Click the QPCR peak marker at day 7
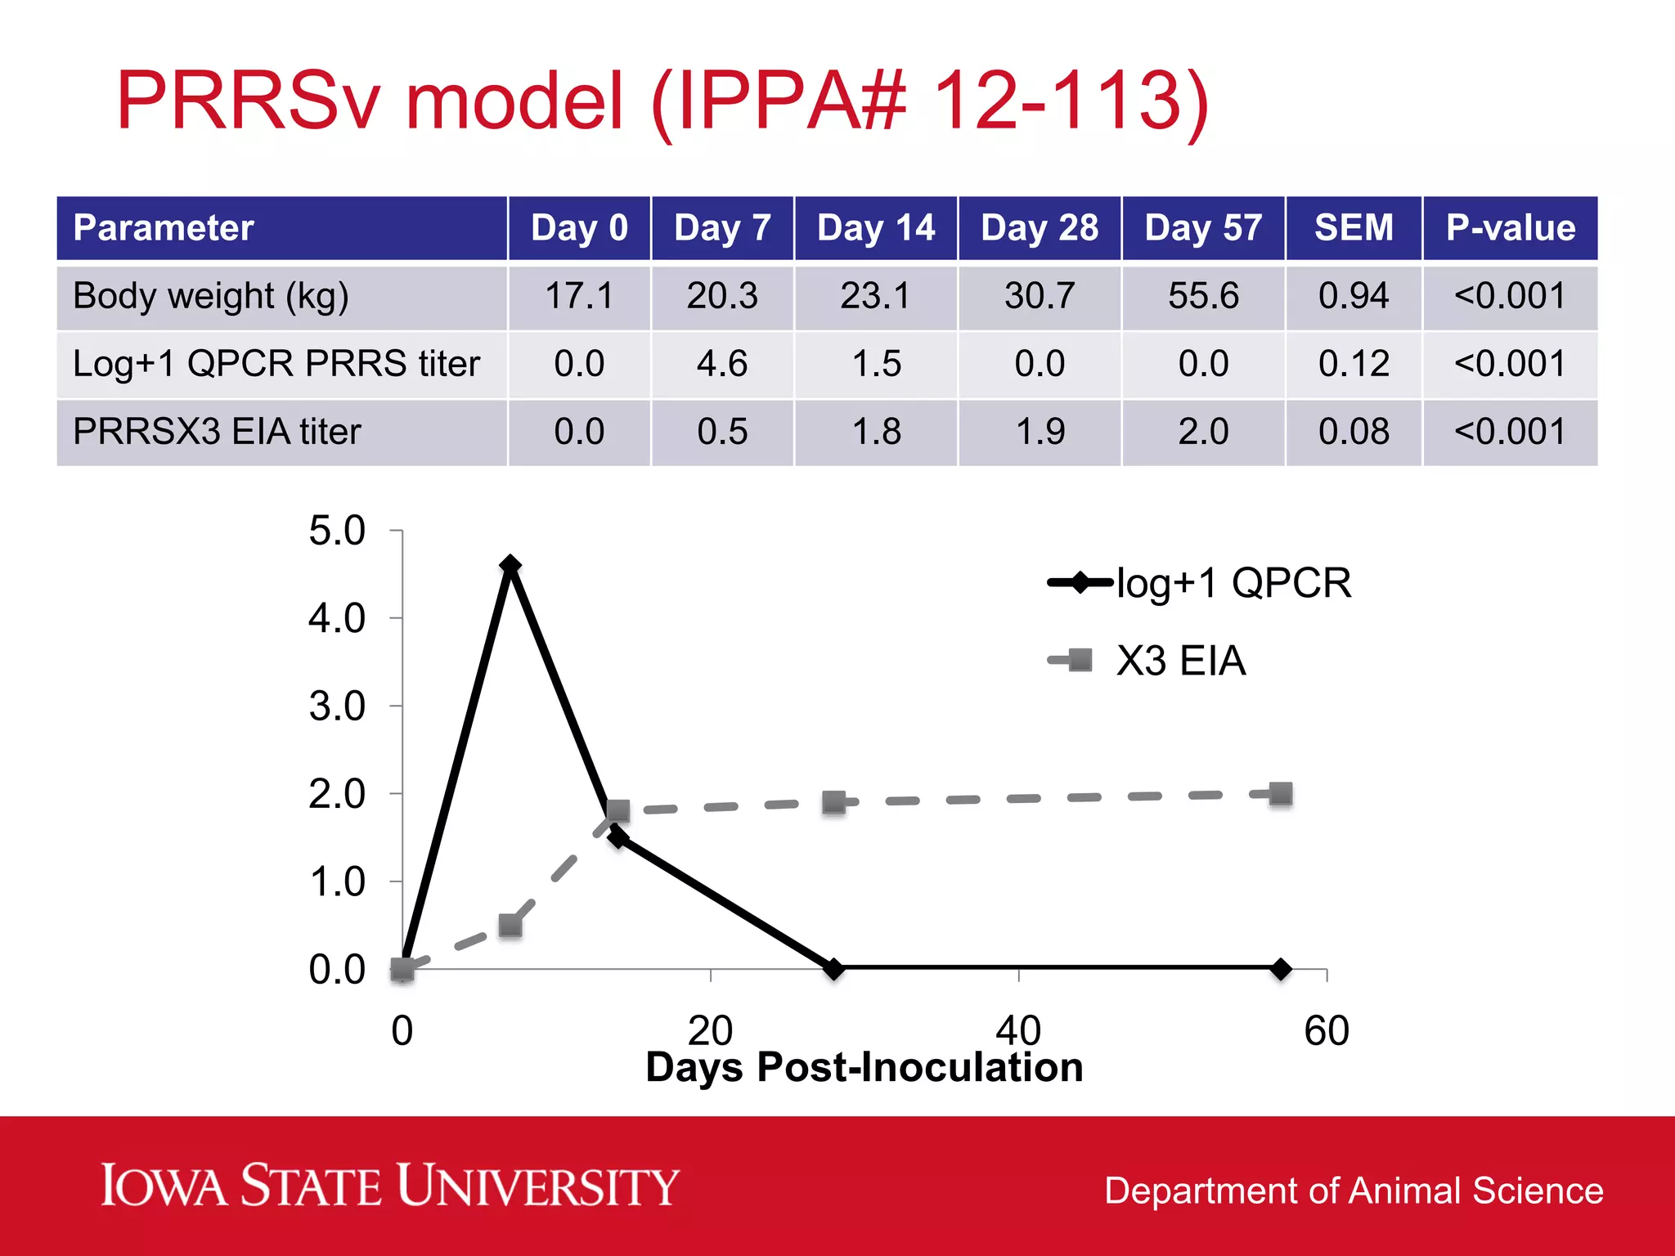coord(510,565)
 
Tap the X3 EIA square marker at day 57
coord(1281,794)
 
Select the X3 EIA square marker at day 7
coord(510,926)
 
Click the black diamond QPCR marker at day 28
coord(833,969)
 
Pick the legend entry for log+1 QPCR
coord(1200,583)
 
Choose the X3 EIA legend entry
coord(1147,661)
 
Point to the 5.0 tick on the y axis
coord(337,531)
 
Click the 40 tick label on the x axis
coord(1018,1029)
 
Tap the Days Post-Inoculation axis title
coord(864,1067)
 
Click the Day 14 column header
coord(876,228)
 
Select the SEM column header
coord(1354,228)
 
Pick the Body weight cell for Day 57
coord(1203,296)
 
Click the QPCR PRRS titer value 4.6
coord(722,364)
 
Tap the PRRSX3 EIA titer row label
coord(217,432)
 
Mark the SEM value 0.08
coord(1354,432)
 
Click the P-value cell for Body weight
coord(1510,296)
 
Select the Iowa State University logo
coord(389,1186)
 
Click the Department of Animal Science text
coord(1354,1191)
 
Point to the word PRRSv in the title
coord(249,101)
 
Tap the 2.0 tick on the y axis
coord(337,794)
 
